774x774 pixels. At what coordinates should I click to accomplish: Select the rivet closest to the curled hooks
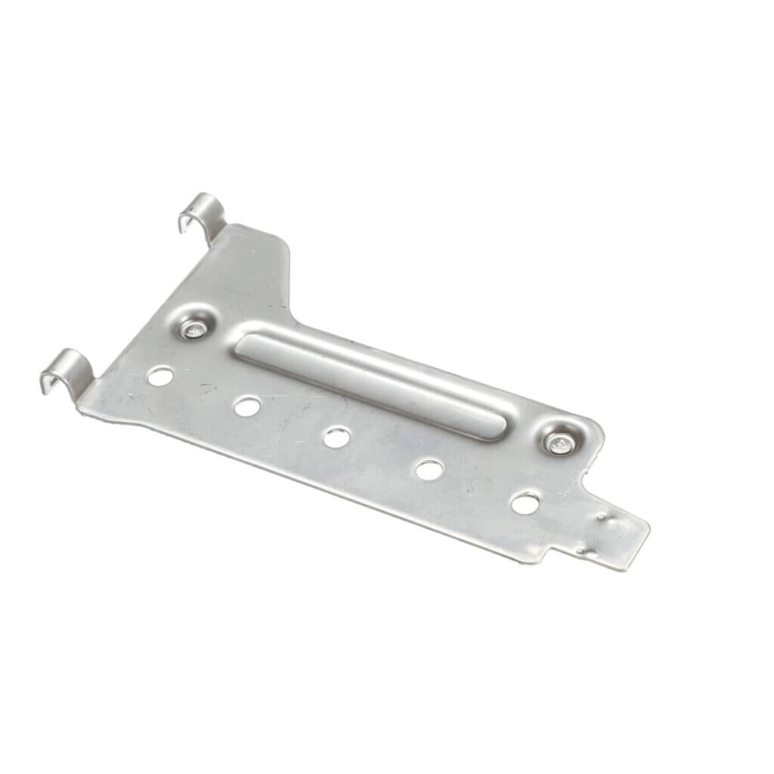point(195,329)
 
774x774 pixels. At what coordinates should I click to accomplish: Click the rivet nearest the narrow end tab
point(559,444)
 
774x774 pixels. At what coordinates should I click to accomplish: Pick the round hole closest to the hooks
point(160,375)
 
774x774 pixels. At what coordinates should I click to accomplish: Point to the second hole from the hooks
point(246,407)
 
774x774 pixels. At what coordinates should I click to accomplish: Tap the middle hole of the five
point(336,437)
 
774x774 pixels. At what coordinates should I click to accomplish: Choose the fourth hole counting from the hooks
point(429,470)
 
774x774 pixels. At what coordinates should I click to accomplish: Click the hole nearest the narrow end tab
point(525,503)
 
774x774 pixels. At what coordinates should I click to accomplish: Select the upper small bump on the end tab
point(602,518)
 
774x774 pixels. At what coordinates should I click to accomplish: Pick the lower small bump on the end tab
point(580,553)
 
